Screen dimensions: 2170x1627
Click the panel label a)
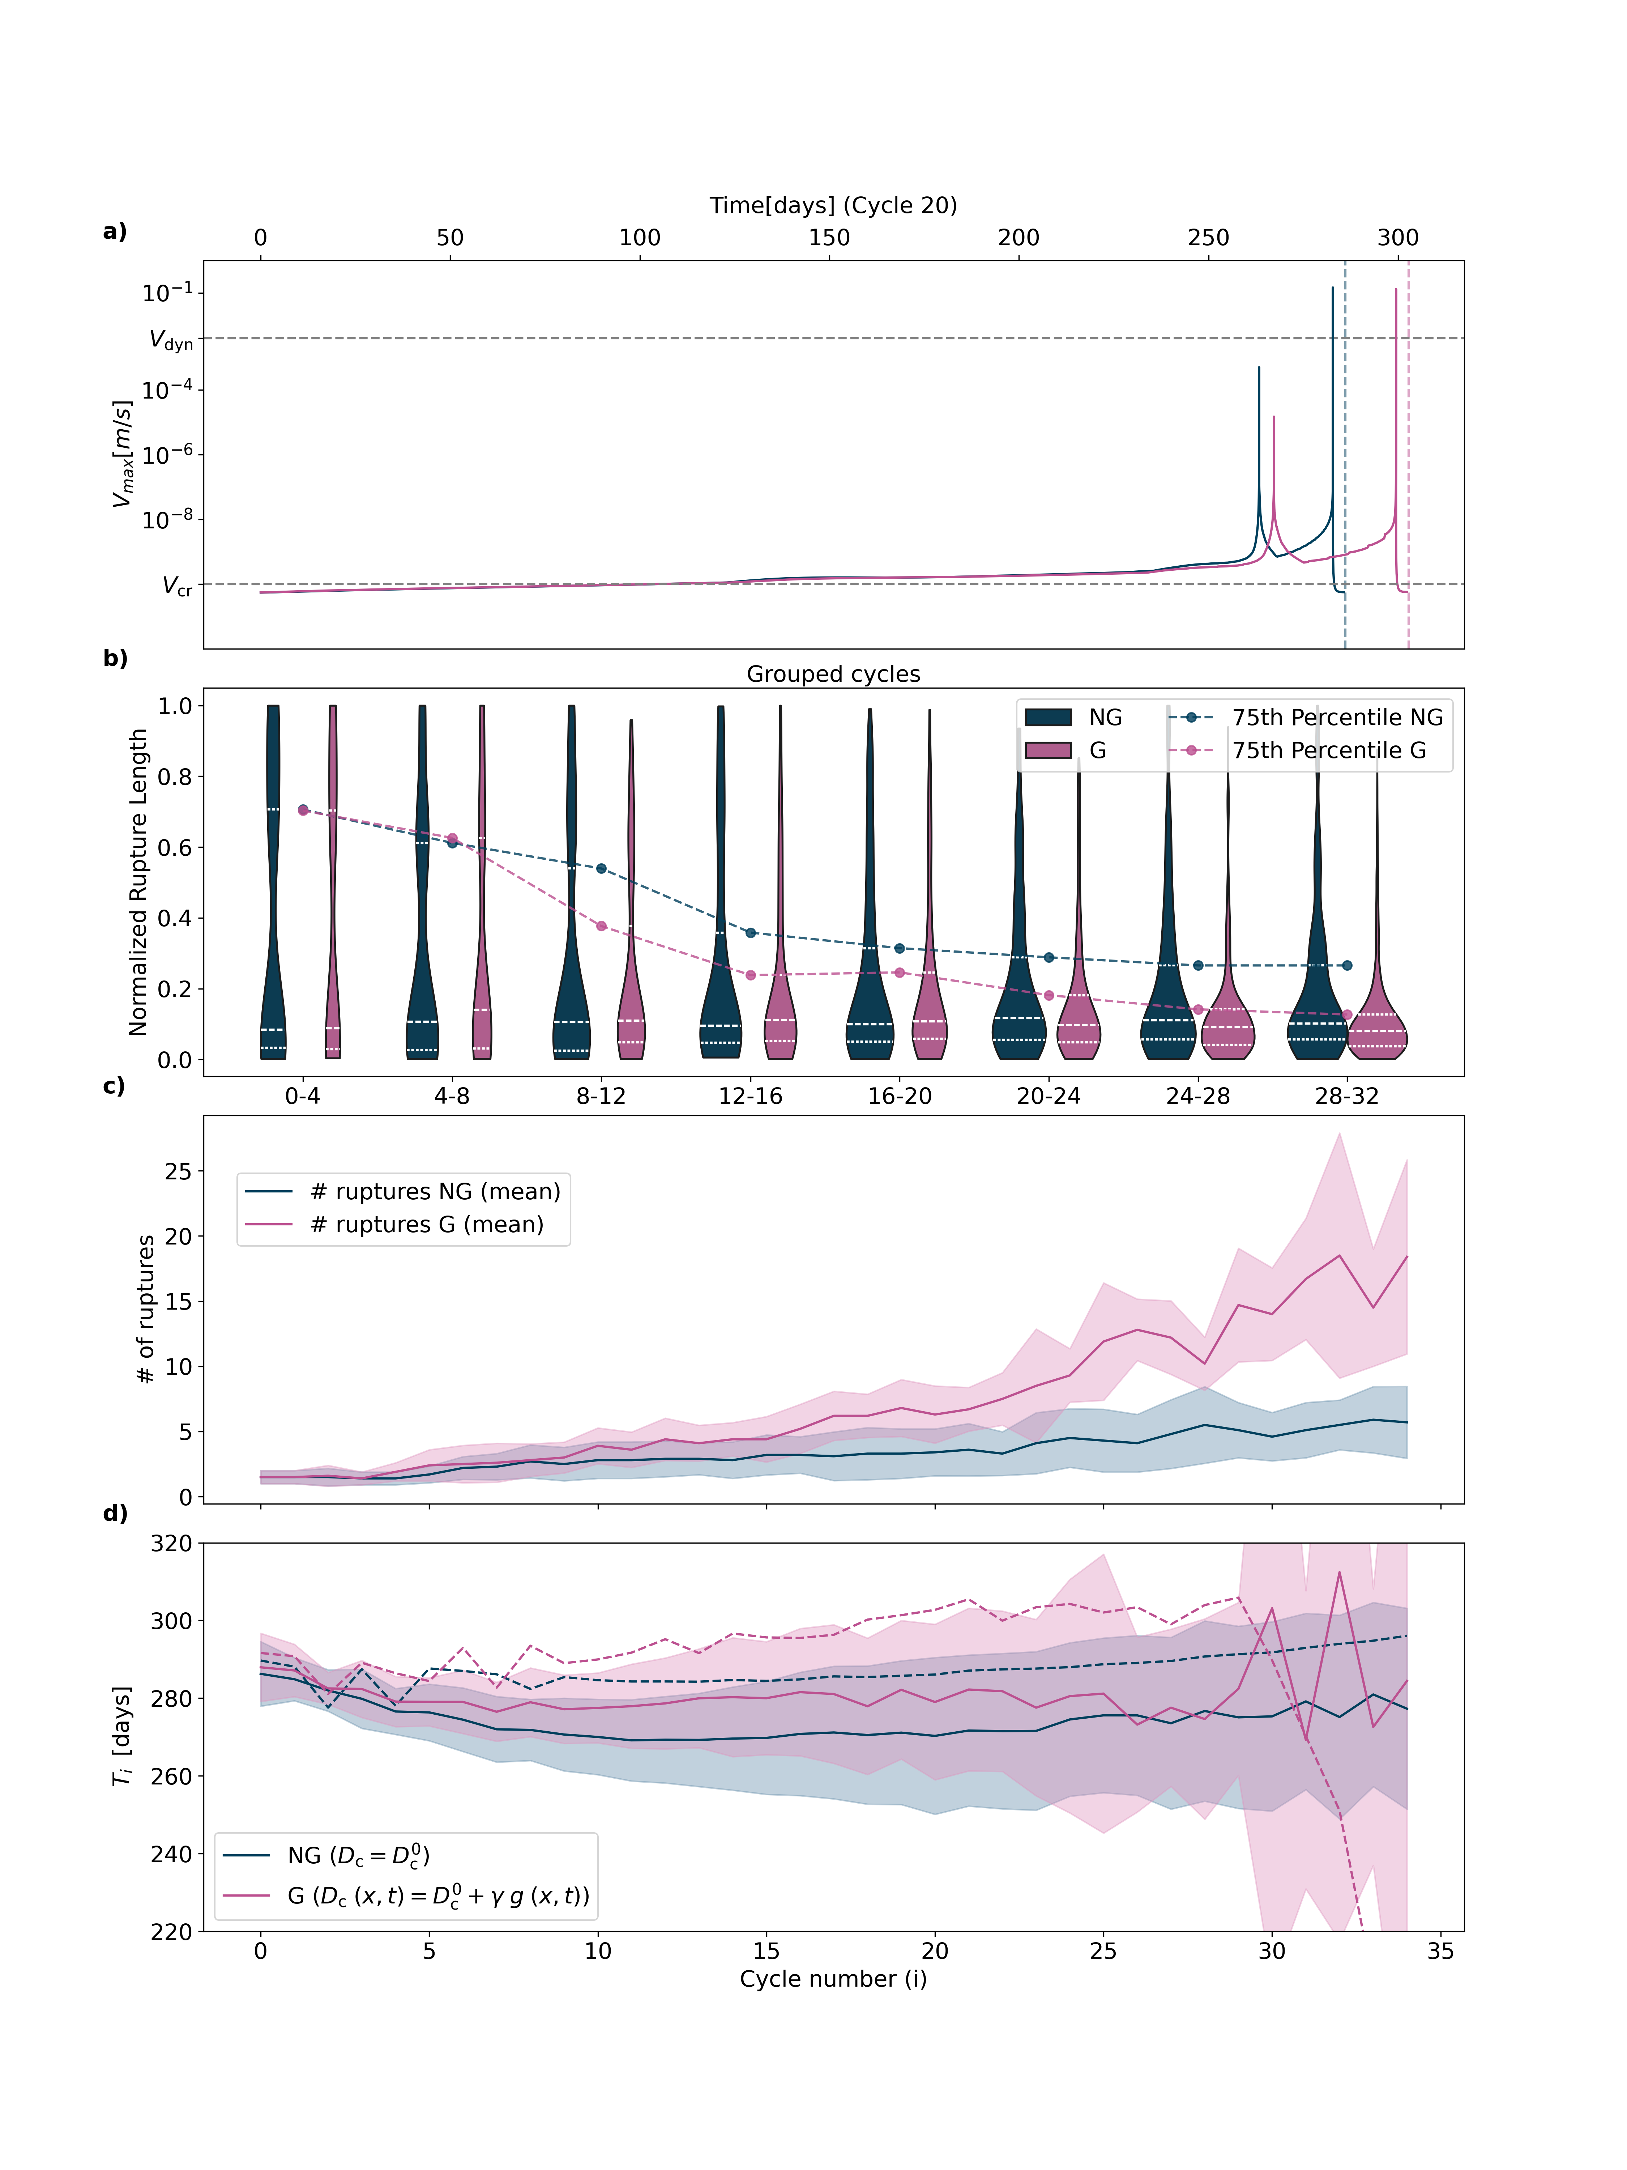pyautogui.click(x=115, y=231)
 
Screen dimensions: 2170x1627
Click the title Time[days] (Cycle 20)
pyautogui.click(x=833, y=205)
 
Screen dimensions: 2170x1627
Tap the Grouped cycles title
pyautogui.click(x=833, y=674)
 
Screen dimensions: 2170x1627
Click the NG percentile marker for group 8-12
pyautogui.click(x=601, y=868)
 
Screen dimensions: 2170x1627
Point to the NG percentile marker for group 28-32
pyautogui.click(x=1346, y=965)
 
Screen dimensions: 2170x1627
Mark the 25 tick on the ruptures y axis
pyautogui.click(x=179, y=1171)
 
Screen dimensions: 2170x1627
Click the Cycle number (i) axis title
pyautogui.click(x=833, y=1979)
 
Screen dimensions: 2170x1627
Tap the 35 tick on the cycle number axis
pyautogui.click(x=1440, y=1951)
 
